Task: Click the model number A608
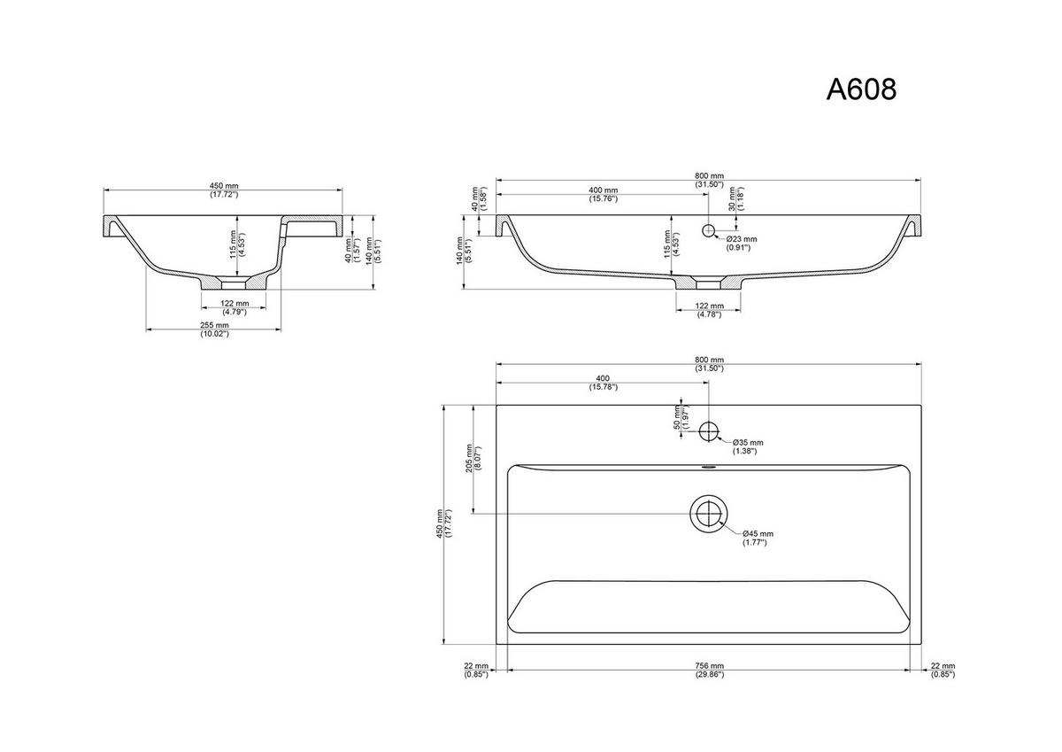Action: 861,89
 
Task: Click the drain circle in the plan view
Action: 709,514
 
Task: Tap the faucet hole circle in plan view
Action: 709,431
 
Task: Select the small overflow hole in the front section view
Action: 708,230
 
